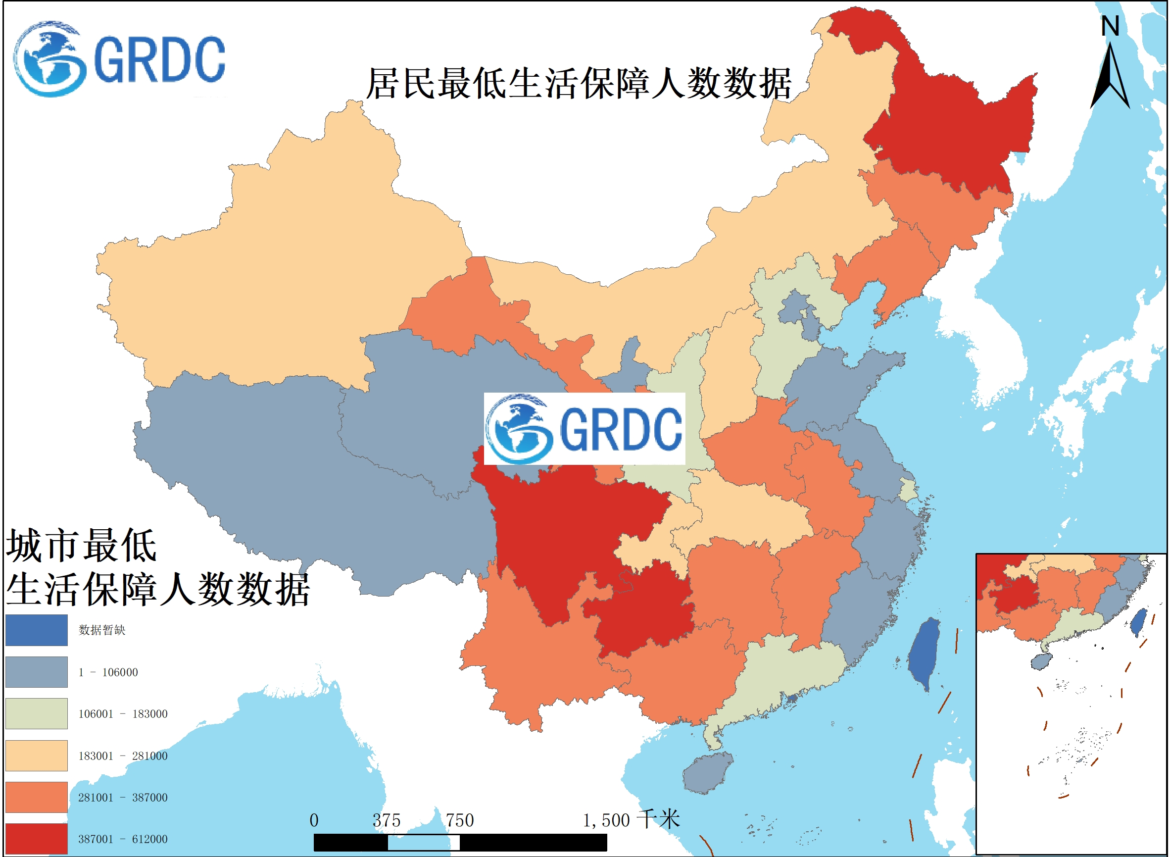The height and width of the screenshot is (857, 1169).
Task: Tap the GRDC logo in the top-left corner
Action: click(119, 59)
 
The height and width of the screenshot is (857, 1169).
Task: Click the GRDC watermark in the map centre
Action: click(584, 429)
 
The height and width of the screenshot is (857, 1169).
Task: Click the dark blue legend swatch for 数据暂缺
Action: click(36, 630)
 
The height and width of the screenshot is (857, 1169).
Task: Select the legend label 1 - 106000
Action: click(108, 672)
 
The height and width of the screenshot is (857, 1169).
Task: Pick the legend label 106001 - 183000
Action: click(123, 714)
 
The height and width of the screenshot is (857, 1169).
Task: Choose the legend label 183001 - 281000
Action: click(123, 756)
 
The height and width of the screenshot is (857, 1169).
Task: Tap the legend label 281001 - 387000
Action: click(123, 798)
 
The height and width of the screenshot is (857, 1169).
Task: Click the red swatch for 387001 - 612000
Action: click(36, 839)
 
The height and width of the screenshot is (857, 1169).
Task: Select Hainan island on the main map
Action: click(706, 773)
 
